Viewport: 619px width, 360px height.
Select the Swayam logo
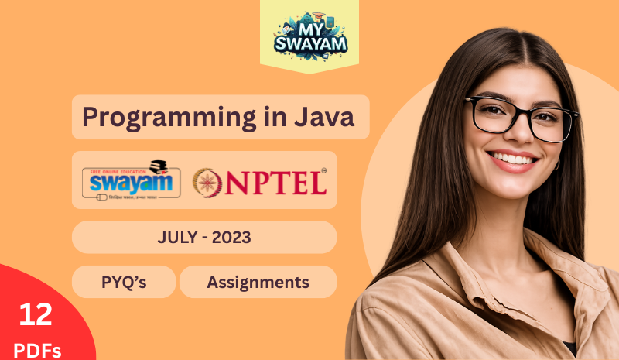coord(132,180)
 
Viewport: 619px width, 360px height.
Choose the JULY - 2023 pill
coord(204,238)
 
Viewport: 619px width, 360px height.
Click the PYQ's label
coord(124,283)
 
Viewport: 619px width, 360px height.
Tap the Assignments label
coord(258,283)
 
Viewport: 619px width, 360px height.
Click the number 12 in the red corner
coord(36,314)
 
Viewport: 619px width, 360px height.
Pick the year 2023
coord(229,238)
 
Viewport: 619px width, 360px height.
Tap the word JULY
coord(176,238)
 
